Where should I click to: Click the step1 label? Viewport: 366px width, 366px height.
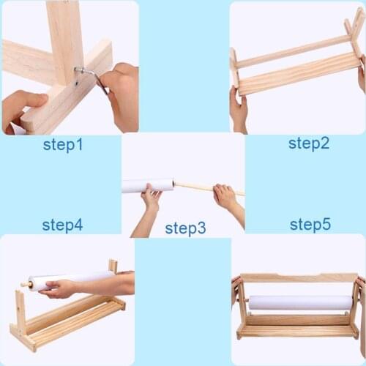(63, 145)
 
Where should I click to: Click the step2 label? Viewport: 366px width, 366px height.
(308, 143)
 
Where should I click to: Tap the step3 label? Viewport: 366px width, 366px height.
(185, 228)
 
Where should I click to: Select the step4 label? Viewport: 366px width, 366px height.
(62, 225)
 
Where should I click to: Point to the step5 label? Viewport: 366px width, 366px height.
(310, 225)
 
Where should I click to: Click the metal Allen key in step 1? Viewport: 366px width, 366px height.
(89, 75)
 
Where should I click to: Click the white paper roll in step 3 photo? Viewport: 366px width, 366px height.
(146, 186)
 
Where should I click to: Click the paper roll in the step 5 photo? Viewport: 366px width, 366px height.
(300, 302)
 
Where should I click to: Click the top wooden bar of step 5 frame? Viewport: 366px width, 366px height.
(299, 277)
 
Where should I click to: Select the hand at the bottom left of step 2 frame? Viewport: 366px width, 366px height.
(239, 110)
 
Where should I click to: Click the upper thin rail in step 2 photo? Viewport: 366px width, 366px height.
(293, 51)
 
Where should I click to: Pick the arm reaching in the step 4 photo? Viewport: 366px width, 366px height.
(102, 284)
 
